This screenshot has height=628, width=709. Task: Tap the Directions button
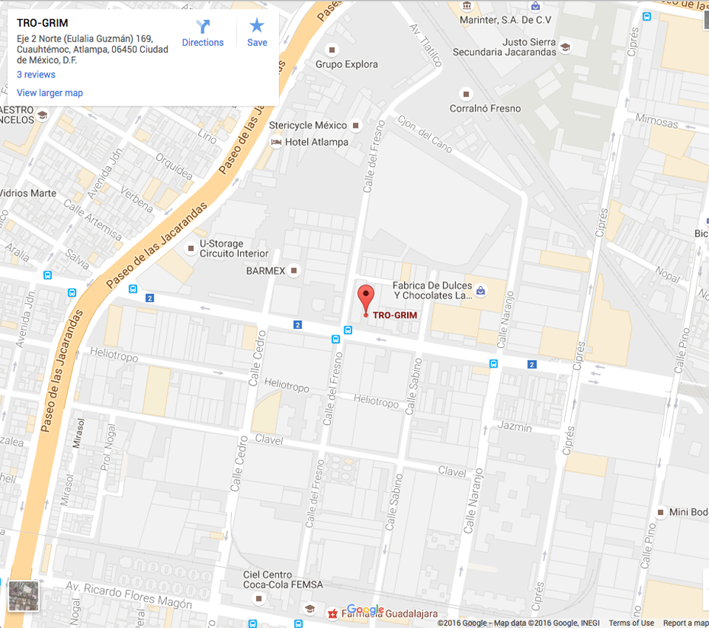202,34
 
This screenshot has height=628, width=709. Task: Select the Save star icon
257,34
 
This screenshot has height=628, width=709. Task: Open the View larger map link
49,93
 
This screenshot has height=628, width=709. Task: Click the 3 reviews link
36,75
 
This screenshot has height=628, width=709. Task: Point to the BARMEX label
266,271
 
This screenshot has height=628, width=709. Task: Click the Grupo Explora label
346,64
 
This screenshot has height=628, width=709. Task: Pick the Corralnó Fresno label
485,109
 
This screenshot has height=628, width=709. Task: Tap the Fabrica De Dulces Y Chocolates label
432,290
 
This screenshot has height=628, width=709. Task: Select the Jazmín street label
515,427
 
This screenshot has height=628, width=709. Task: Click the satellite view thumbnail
24,595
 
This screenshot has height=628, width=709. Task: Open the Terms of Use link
631,623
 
